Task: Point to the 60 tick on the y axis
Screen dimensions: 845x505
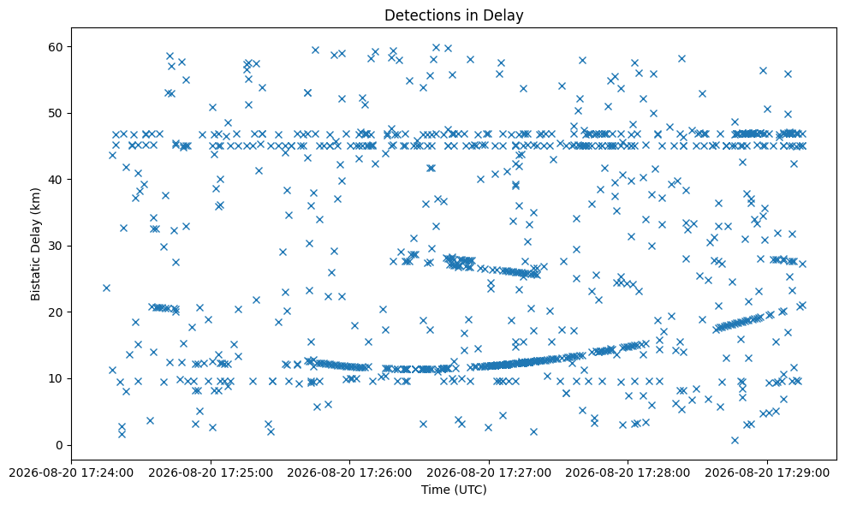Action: [56, 47]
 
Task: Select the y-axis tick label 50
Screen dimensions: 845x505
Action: [56, 113]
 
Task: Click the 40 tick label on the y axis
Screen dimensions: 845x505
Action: [56, 180]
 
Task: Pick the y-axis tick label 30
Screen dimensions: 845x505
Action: [56, 246]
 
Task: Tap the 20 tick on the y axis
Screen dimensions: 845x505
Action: [56, 312]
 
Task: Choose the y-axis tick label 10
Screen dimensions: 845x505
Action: [56, 378]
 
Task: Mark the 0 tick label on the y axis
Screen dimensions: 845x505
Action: [59, 445]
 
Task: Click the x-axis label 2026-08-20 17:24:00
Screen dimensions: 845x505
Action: [71, 472]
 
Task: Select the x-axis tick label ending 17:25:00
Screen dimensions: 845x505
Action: [210, 472]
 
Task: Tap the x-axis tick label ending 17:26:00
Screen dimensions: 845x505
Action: [349, 472]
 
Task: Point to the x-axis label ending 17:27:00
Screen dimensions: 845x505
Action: [489, 472]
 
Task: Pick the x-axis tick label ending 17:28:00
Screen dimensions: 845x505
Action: [628, 472]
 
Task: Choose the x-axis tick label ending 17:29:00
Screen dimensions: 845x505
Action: [767, 472]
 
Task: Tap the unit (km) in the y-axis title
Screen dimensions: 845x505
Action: [36, 199]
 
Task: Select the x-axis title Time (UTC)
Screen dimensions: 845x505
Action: [454, 490]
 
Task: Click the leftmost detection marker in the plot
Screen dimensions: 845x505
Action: [106, 288]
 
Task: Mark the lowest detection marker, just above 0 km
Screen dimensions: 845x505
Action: [735, 440]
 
